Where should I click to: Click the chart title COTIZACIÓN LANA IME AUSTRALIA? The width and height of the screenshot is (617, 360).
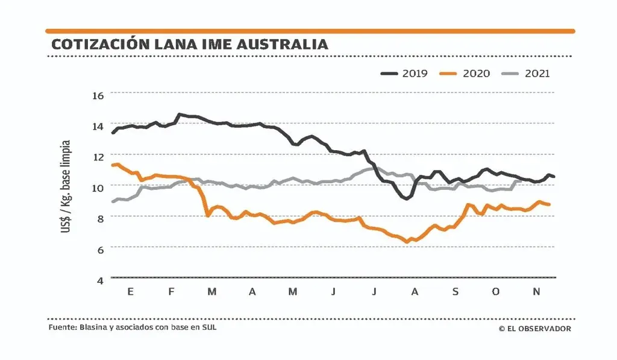coord(190,45)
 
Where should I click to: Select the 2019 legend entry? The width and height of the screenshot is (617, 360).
coord(404,74)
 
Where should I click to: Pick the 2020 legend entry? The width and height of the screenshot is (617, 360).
coord(465,74)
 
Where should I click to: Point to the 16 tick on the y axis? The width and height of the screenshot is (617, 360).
coord(98,95)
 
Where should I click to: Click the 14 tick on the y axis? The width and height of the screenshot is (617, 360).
coord(98,126)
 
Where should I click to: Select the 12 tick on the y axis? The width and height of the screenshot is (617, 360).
coord(98,157)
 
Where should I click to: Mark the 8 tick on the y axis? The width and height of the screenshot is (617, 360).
coord(99,218)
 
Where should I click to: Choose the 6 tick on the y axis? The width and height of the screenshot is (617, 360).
coord(99,249)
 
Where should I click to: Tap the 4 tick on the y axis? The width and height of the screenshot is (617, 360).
coord(99,280)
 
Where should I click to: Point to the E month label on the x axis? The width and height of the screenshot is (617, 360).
coord(130,292)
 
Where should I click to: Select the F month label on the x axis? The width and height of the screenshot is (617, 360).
coord(171,292)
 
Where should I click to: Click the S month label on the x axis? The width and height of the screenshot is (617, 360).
coord(455,292)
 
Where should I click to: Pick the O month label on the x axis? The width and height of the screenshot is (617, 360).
coord(496,292)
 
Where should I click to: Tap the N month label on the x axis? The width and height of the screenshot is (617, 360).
coord(537,292)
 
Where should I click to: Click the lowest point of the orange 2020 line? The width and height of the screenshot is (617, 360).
coord(407,242)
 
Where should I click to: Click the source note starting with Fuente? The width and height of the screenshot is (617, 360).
coord(133,328)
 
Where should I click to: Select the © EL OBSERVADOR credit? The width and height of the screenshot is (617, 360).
coord(535,329)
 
